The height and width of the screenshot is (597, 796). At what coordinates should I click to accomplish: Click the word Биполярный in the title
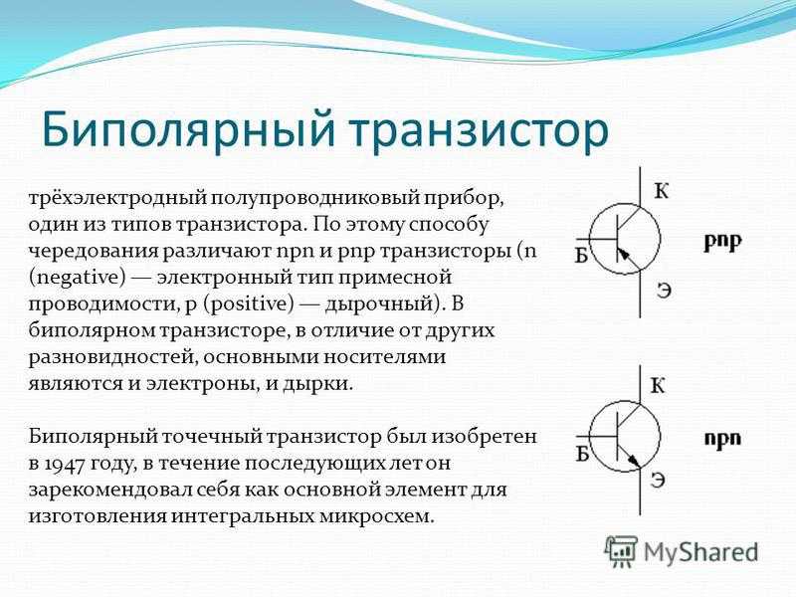point(188,131)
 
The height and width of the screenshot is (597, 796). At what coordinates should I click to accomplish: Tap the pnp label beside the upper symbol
point(723,242)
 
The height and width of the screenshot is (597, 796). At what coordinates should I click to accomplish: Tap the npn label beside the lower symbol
point(723,439)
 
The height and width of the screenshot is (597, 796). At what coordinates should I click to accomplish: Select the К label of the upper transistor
point(661,191)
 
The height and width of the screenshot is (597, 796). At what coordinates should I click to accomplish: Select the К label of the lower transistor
point(658,386)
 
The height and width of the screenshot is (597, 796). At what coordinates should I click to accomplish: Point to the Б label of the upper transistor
point(582,256)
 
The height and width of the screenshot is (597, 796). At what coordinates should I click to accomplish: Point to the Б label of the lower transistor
point(582,455)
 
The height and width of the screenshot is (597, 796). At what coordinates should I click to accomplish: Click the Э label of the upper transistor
point(665,291)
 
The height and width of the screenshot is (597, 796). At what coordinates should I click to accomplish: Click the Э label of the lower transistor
point(658,481)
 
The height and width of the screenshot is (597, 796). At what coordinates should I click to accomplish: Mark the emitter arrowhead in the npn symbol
point(634,460)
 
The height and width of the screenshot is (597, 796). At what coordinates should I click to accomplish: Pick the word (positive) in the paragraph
point(250,304)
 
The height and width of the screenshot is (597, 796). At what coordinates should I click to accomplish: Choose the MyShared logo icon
point(621,552)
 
